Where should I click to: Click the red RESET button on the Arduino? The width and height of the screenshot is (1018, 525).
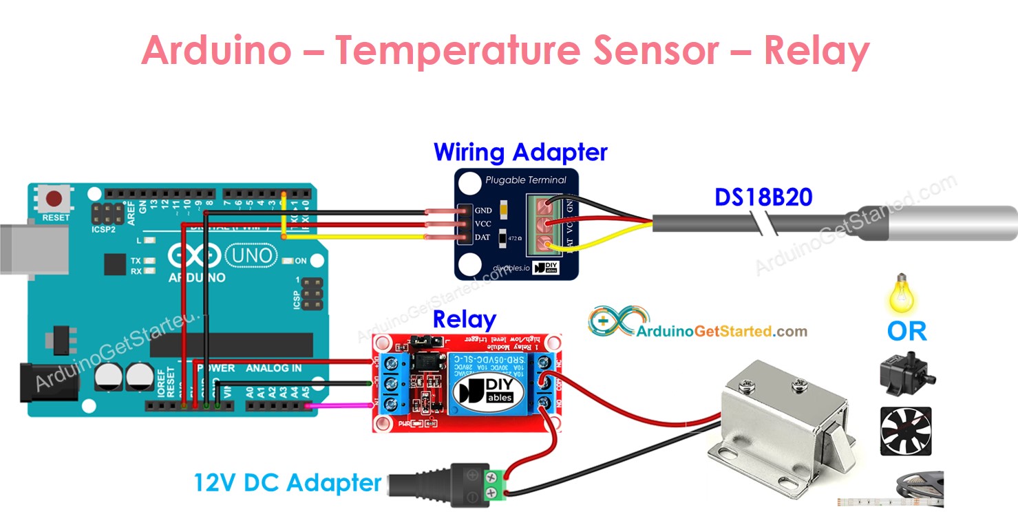click(x=54, y=200)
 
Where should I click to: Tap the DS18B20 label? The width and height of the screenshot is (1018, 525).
click(x=763, y=198)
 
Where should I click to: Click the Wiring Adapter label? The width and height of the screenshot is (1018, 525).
click(x=520, y=152)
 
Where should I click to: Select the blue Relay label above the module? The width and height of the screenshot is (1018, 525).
click(x=464, y=320)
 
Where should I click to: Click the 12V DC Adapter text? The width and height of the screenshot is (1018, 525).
click(x=287, y=482)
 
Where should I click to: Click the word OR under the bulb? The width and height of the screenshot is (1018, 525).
click(x=906, y=332)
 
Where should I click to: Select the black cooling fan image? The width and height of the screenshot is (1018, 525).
click(x=905, y=431)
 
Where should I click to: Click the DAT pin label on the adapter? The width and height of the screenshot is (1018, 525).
click(x=483, y=237)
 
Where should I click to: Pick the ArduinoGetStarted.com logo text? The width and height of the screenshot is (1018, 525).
click(x=721, y=331)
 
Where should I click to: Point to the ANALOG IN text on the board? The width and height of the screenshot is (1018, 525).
click(x=273, y=368)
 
